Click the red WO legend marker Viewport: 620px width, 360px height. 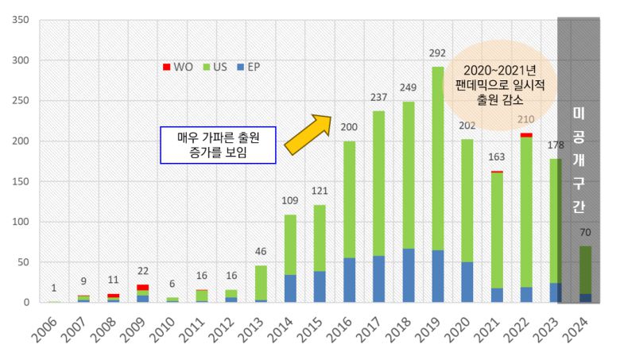tap(166, 68)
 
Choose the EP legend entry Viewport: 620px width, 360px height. tap(247, 68)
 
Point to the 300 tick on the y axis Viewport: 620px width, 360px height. tap(20, 60)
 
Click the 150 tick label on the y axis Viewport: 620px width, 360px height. tap(20, 181)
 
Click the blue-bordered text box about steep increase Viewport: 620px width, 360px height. tap(217, 145)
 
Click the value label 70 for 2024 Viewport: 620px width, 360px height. tap(585, 234)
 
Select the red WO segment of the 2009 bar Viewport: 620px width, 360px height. tap(142, 287)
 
